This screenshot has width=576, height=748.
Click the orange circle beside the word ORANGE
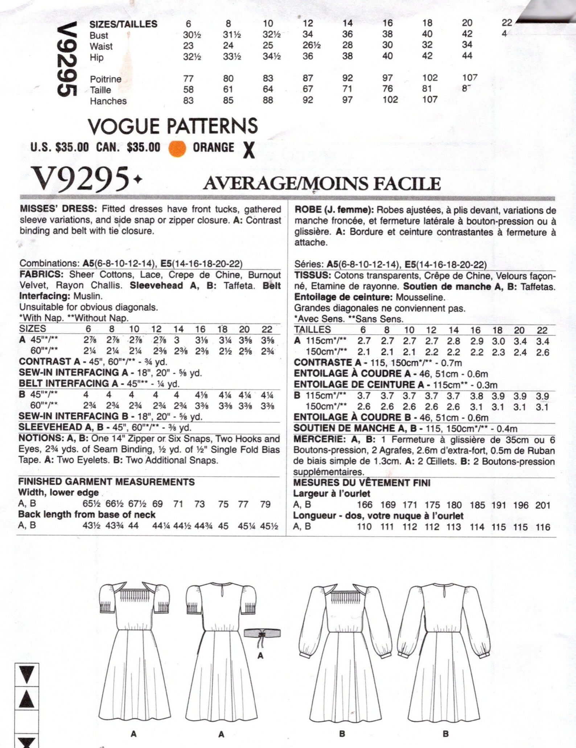(177, 148)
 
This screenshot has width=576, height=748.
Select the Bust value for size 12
(308, 34)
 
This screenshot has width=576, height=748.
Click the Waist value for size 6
(188, 46)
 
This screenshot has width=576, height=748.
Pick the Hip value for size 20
(467, 56)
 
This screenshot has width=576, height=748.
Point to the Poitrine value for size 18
(430, 78)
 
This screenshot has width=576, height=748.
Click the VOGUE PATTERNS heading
(173, 126)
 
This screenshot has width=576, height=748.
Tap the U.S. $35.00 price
(59, 147)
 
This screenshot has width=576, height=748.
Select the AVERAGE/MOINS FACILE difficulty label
(322, 183)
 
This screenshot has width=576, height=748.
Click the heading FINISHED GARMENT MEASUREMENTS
(106, 482)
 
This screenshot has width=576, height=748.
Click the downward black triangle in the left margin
(26, 674)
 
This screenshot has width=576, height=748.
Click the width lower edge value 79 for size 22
(265, 504)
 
